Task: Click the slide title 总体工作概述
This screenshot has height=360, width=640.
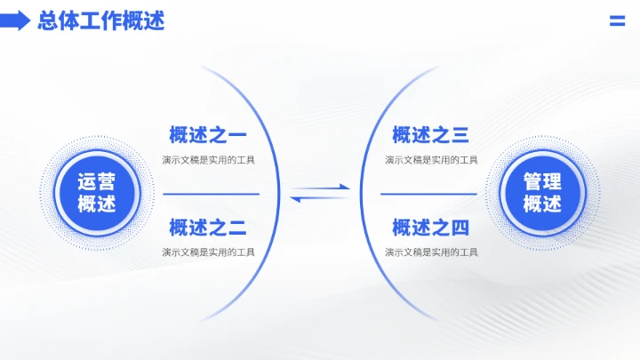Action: [x=101, y=20]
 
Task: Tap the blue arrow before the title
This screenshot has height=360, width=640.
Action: [x=16, y=20]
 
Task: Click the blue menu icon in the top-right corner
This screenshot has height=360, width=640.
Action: [x=617, y=21]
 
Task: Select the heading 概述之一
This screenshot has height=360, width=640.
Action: [x=208, y=136]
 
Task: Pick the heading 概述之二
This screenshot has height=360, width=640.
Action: [x=208, y=228]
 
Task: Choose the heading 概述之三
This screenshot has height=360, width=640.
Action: [x=431, y=136]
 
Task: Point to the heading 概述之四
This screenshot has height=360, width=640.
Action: [x=431, y=228]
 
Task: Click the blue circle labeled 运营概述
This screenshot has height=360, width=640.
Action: [x=96, y=193]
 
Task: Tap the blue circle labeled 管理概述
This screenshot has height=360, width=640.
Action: [x=542, y=193]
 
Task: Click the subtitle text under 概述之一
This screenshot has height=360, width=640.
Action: [x=208, y=160]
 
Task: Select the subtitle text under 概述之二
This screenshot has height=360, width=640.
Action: [x=208, y=252]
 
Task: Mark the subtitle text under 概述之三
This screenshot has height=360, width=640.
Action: [x=431, y=160]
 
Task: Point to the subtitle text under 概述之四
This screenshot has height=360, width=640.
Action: [x=431, y=252]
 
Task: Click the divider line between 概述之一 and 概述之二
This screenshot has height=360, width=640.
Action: [x=212, y=193]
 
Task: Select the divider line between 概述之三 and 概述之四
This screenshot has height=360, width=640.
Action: [x=428, y=193]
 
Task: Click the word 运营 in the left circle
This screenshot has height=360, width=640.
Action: [x=96, y=182]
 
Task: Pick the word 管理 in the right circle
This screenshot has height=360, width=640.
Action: [x=542, y=182]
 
